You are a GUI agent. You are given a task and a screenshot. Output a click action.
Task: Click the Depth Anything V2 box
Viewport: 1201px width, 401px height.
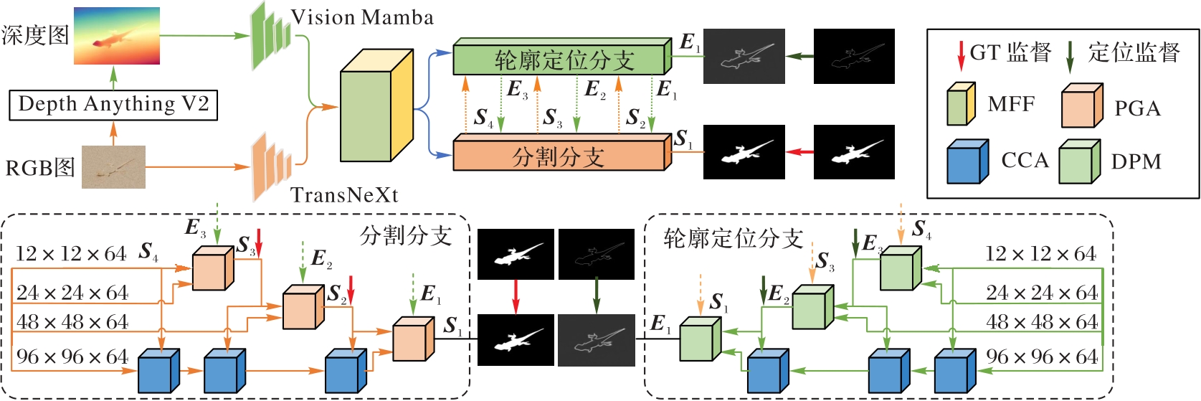click(x=113, y=105)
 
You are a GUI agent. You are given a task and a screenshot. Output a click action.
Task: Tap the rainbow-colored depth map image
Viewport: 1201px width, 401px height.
click(x=116, y=36)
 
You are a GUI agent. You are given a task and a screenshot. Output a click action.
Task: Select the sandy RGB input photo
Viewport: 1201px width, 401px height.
click(x=113, y=167)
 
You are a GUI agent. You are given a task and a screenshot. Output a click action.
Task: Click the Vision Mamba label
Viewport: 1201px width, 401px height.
click(x=362, y=17)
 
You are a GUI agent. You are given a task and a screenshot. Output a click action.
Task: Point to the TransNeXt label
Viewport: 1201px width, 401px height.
click(x=344, y=195)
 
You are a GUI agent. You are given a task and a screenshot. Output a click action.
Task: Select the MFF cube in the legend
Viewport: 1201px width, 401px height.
click(x=961, y=105)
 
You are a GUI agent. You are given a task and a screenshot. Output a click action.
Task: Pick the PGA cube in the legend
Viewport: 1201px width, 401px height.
click(x=1081, y=106)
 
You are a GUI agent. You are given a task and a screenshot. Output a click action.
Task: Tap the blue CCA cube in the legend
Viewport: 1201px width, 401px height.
click(x=967, y=162)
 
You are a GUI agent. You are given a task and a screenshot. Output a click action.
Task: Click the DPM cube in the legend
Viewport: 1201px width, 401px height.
click(x=1079, y=162)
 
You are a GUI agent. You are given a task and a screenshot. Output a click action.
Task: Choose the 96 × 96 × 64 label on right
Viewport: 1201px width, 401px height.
click(x=1041, y=357)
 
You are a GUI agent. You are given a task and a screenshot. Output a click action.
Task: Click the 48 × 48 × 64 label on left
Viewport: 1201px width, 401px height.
click(x=72, y=322)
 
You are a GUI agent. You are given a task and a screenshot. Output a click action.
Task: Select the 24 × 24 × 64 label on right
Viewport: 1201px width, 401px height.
click(x=1041, y=293)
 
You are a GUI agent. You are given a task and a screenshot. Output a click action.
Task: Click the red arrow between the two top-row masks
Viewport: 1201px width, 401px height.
click(x=799, y=152)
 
